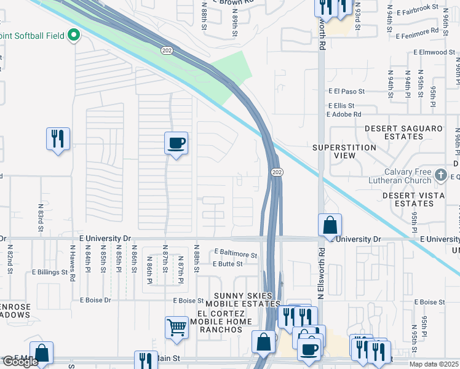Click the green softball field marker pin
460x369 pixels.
point(74,35)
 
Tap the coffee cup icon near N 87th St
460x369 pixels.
point(176,144)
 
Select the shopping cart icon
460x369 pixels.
point(176,327)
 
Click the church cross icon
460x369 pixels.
point(440,176)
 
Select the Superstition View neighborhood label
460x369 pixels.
point(344,151)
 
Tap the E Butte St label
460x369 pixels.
point(228,264)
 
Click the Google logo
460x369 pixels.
point(20,362)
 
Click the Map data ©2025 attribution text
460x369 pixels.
point(434,365)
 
